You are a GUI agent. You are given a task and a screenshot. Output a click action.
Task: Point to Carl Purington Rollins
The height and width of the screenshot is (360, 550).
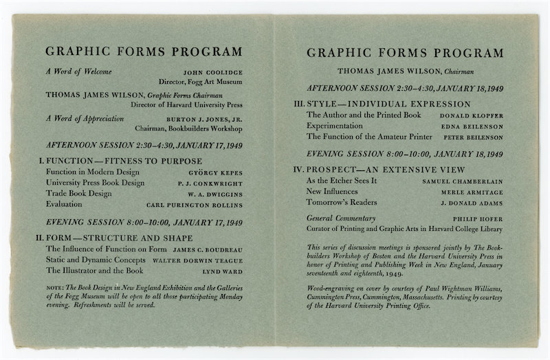[x=195, y=205]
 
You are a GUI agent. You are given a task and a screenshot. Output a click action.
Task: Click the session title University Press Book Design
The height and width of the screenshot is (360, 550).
[x=95, y=183]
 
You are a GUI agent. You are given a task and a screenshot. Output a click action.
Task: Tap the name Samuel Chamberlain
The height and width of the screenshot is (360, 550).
[x=462, y=181]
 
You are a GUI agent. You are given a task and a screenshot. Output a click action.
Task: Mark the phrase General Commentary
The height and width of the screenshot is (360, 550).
[x=341, y=218]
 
